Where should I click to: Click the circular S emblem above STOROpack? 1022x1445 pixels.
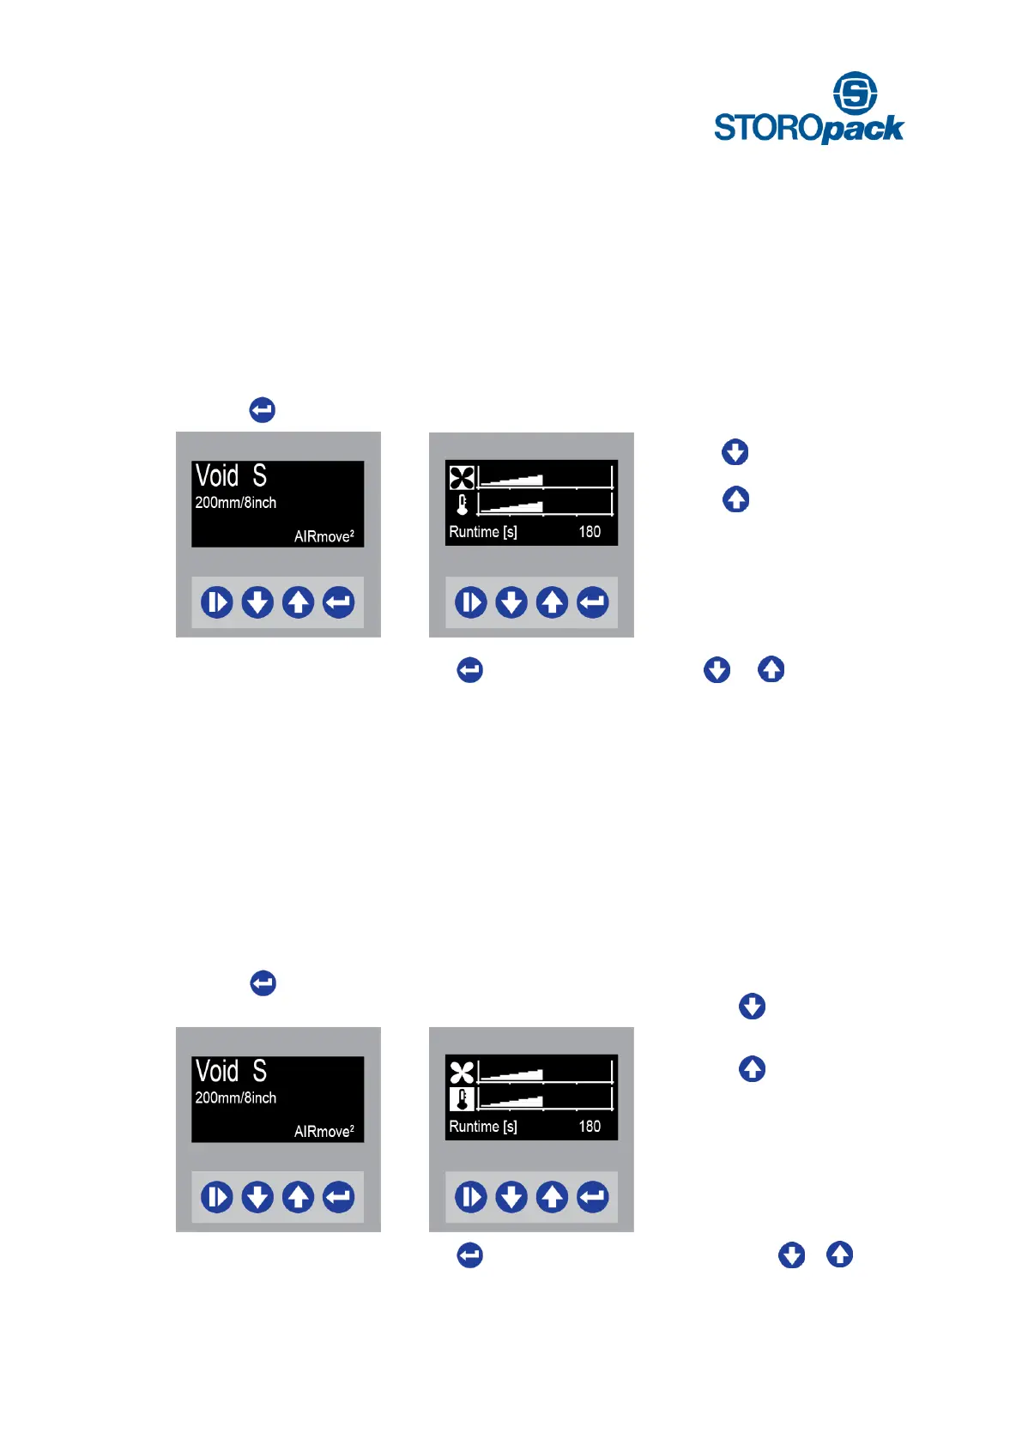tap(855, 93)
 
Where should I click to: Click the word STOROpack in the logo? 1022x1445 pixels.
tap(808, 129)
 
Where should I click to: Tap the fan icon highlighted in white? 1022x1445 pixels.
tap(462, 478)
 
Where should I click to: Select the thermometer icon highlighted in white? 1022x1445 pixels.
tap(462, 1099)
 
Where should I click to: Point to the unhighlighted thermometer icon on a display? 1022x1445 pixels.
tap(463, 504)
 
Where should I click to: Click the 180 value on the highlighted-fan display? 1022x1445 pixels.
tap(590, 532)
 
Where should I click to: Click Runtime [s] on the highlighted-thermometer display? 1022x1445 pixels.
tap(483, 1127)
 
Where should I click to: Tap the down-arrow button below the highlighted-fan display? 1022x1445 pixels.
tap(511, 602)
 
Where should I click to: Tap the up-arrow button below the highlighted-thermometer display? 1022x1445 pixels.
tap(552, 1197)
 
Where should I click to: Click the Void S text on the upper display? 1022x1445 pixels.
tap(231, 475)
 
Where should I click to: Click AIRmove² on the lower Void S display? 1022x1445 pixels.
tap(324, 1132)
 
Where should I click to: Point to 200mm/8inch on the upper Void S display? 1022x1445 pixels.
tap(236, 503)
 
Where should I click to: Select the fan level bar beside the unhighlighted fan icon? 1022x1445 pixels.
tap(544, 1072)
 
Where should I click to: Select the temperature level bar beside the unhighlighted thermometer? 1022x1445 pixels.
tap(544, 503)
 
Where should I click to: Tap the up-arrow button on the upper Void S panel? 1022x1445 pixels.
tap(298, 602)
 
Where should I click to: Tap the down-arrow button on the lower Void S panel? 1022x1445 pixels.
tap(257, 1197)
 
